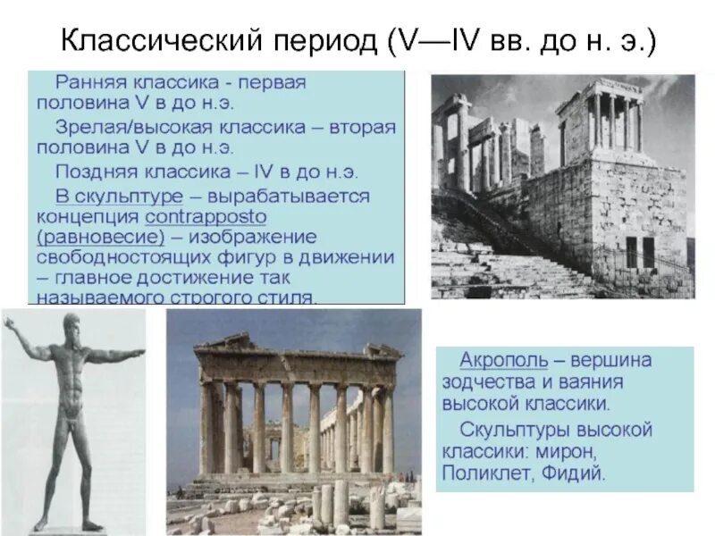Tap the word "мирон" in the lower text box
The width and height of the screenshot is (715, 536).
click(570, 451)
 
